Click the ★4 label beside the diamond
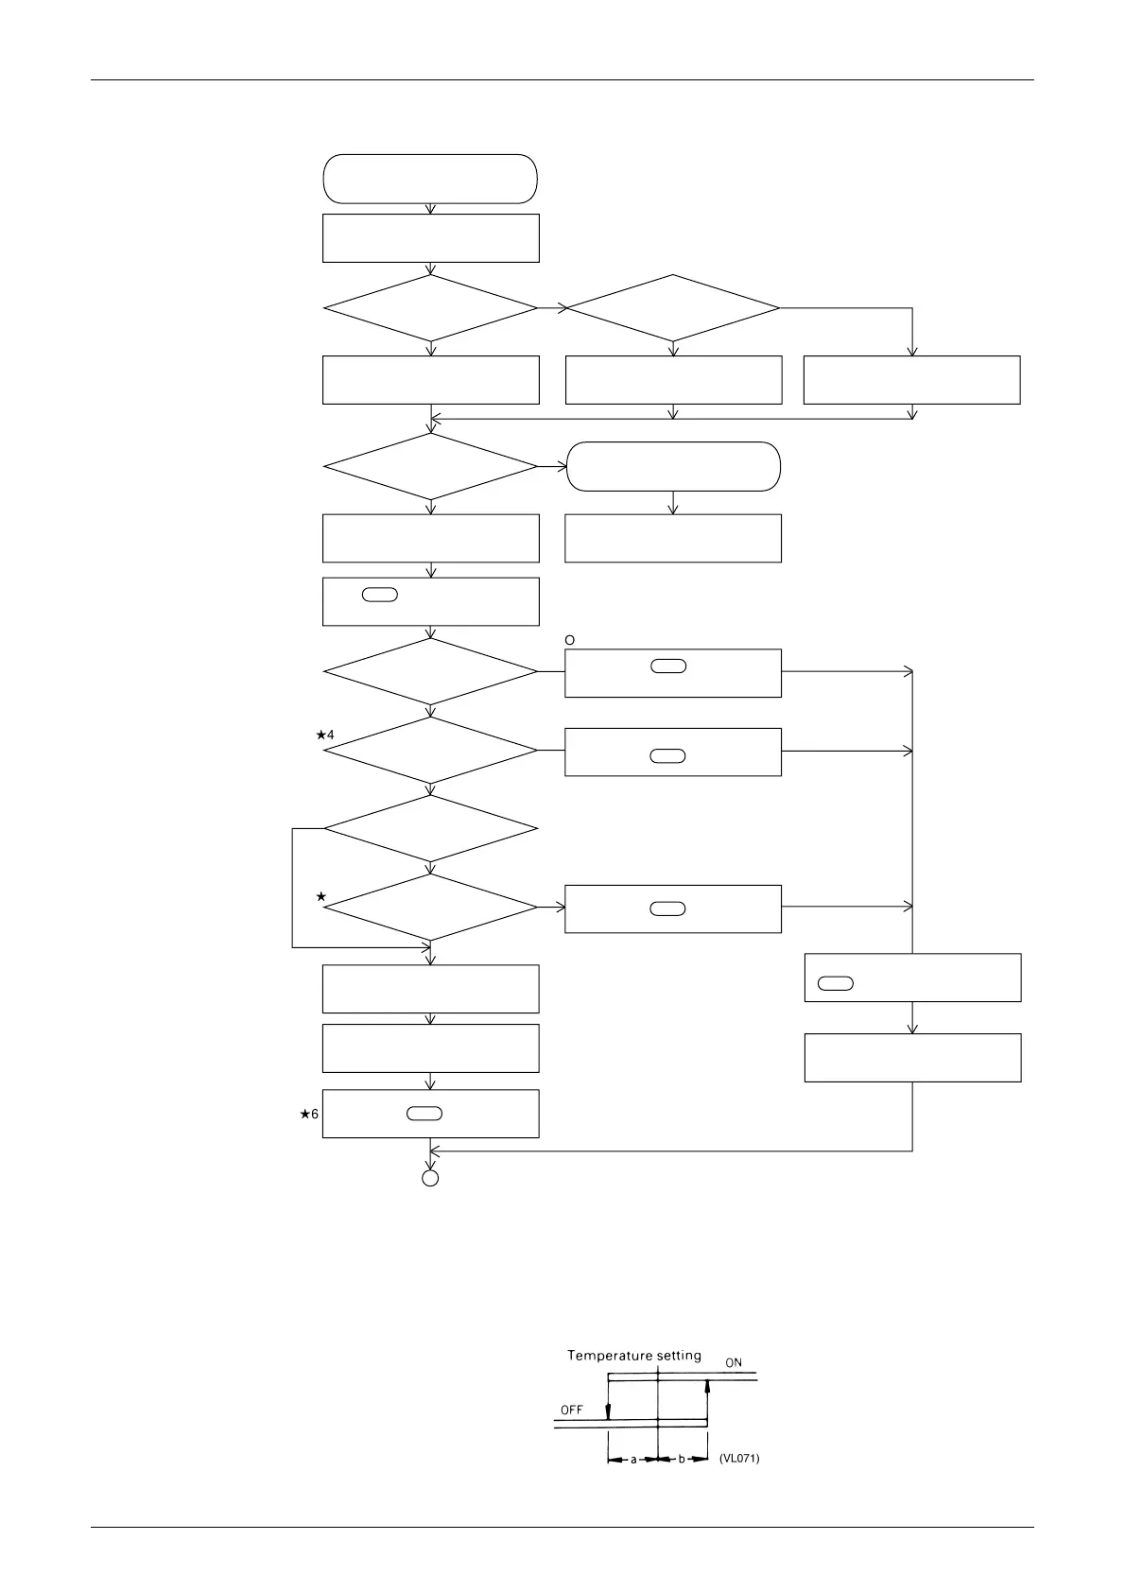point(324,735)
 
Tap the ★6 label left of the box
point(309,1115)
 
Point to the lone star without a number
point(321,895)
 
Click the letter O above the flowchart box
point(570,640)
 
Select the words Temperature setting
point(633,1356)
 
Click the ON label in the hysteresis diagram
point(734,1363)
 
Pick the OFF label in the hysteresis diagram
point(572,1410)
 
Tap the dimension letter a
point(633,1459)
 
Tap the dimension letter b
point(682,1459)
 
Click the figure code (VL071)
point(739,1459)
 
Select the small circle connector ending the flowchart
point(430,1178)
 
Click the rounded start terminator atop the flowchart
point(430,179)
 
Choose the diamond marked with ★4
point(430,751)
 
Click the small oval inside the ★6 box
point(424,1114)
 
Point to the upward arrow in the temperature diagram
point(707,1399)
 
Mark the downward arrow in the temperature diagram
point(608,1400)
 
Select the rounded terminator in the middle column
point(673,466)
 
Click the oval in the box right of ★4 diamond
point(668,756)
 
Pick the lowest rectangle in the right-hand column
point(912,1058)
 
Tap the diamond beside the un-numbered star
point(430,908)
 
